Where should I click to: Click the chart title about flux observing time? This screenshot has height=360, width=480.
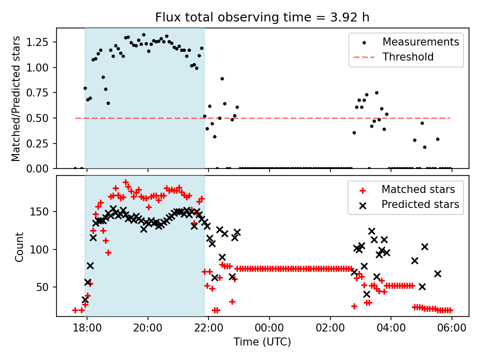(262, 17)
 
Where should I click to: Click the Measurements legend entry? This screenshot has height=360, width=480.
(420, 42)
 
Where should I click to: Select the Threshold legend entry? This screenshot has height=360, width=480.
(408, 57)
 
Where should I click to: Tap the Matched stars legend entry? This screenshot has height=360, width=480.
(418, 189)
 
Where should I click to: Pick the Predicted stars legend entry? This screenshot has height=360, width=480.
(420, 204)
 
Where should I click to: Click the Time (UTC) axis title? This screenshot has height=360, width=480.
(262, 342)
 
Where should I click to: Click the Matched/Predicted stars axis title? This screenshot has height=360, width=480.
(16, 98)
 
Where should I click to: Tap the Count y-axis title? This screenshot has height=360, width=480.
(19, 247)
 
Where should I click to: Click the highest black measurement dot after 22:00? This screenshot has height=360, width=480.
(222, 78)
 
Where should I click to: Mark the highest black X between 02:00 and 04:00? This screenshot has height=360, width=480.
(371, 231)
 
